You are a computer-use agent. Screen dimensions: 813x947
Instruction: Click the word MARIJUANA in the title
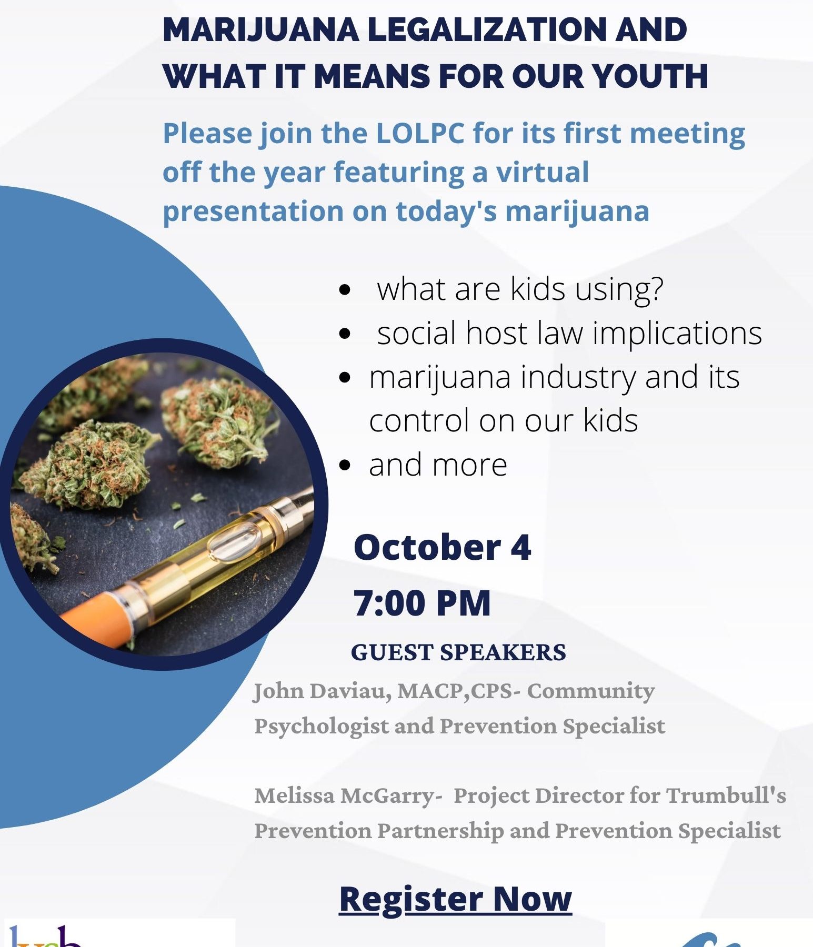tap(261, 29)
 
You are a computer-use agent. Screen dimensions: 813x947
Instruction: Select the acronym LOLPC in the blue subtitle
tap(420, 133)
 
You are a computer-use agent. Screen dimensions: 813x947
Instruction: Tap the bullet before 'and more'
tap(345, 465)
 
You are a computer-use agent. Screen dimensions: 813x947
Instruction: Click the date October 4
tap(443, 547)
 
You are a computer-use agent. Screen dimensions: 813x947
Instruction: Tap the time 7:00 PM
tap(422, 603)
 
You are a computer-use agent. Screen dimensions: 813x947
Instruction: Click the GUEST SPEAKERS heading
tap(458, 652)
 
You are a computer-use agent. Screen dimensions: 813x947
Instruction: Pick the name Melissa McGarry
tap(345, 796)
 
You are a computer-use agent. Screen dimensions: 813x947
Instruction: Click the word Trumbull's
tap(726, 795)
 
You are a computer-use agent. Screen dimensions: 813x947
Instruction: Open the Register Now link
tap(456, 899)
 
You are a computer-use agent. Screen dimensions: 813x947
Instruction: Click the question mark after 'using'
tap(657, 289)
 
